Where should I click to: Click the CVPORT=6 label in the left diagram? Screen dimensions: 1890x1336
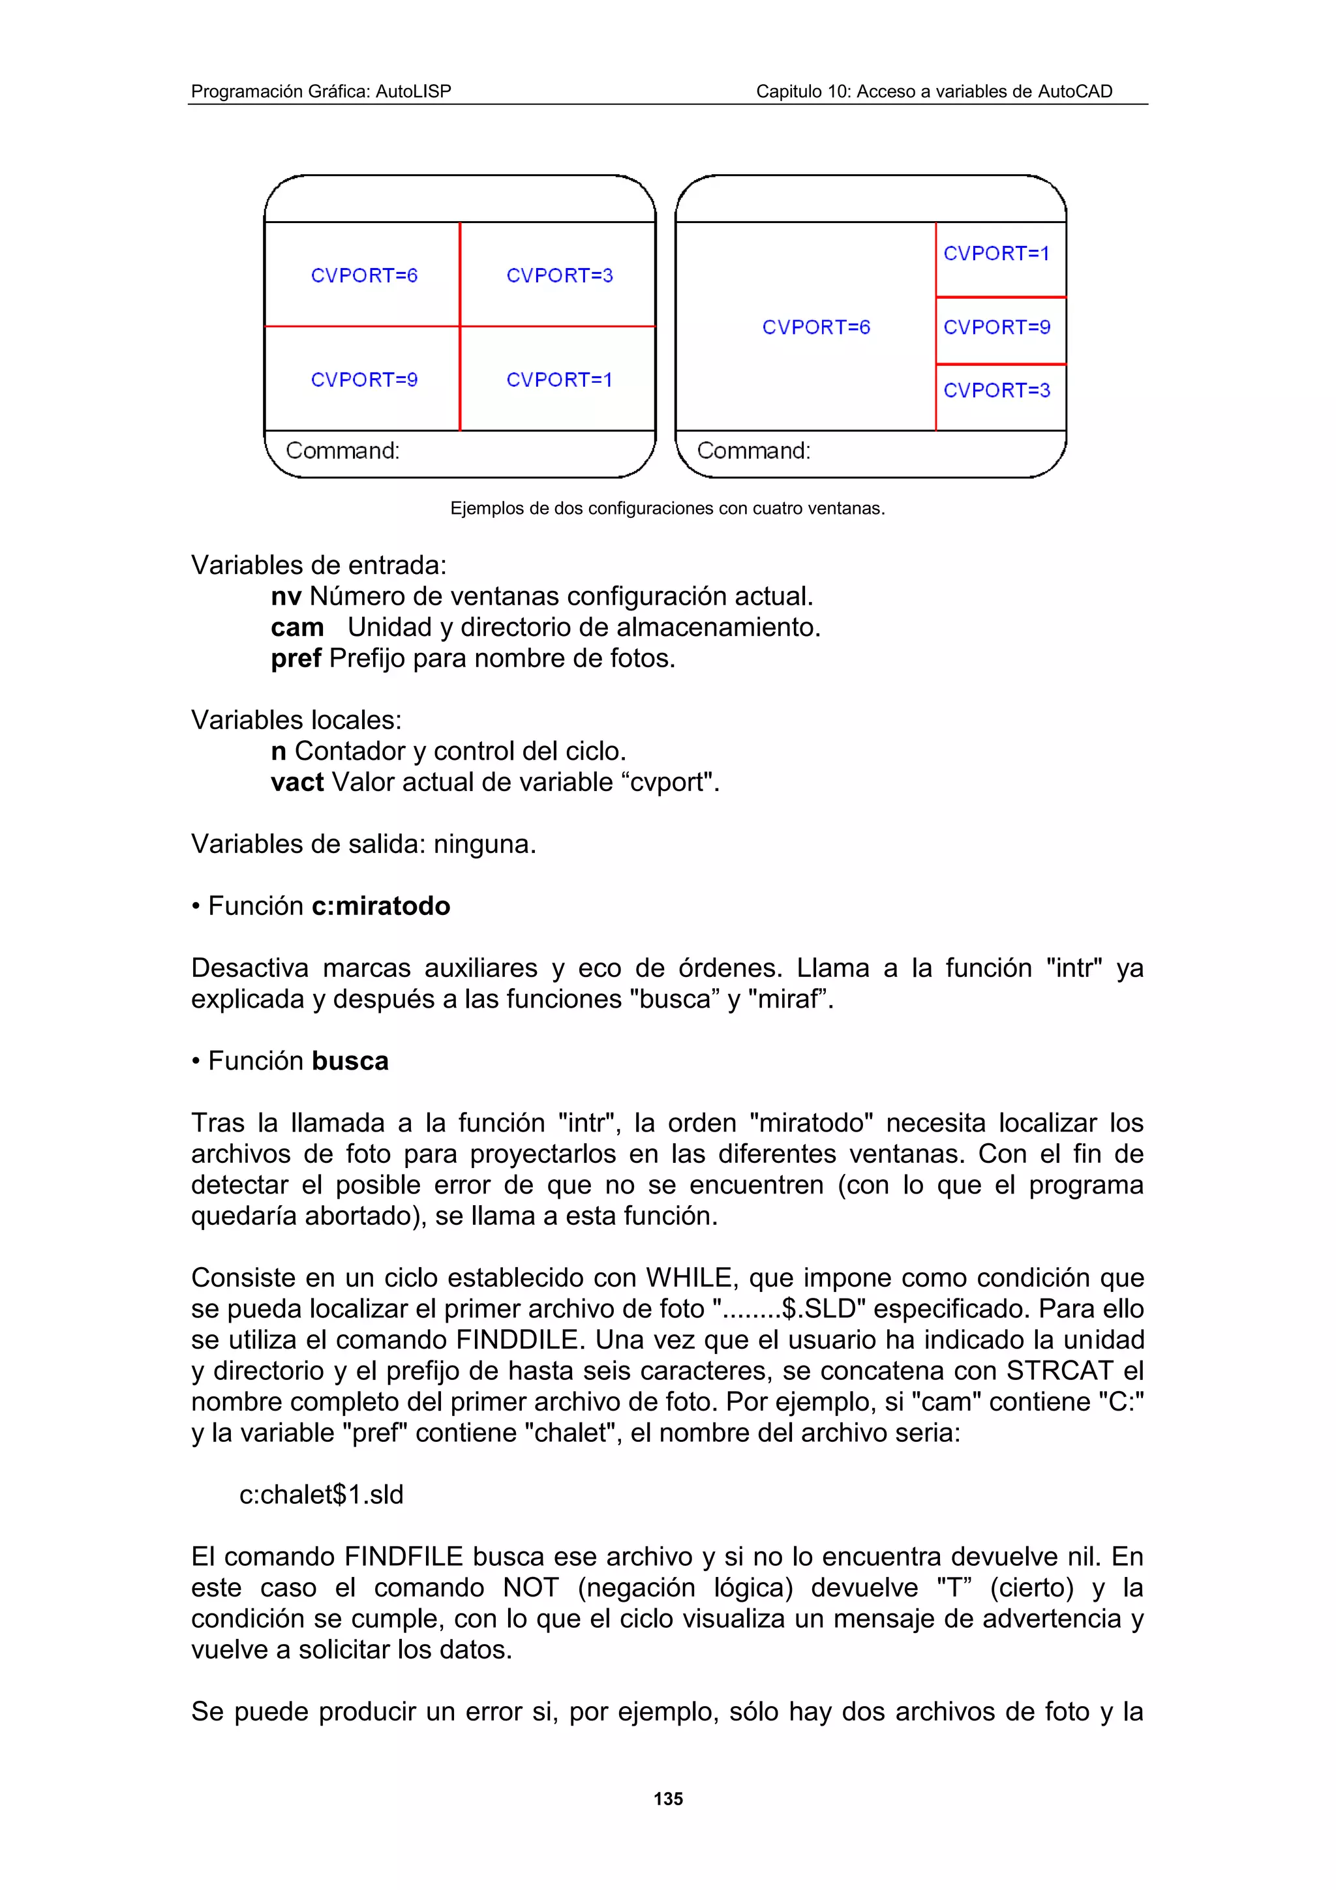point(364,276)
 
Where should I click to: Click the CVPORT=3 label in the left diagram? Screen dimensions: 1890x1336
point(560,276)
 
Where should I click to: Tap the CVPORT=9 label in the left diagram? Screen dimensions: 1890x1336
point(364,380)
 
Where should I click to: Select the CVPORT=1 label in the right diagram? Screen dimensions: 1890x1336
point(996,254)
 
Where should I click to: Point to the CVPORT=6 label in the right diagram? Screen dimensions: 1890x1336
point(816,327)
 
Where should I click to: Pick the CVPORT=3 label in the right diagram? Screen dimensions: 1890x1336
point(996,390)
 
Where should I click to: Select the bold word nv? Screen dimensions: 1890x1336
point(286,596)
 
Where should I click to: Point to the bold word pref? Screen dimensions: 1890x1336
point(296,659)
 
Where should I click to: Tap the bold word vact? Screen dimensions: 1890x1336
point(297,782)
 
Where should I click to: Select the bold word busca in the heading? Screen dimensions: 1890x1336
point(350,1060)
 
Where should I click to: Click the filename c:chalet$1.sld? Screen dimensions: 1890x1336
point(321,1494)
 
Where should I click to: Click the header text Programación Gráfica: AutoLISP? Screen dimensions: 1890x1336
point(321,91)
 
